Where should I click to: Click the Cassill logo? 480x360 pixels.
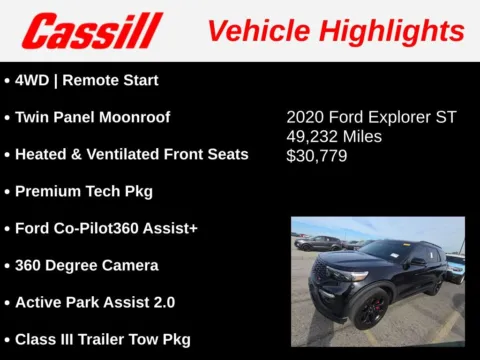coord(92,30)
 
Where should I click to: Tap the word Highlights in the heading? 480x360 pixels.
coord(393,31)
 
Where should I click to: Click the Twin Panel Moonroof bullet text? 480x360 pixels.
coord(92,117)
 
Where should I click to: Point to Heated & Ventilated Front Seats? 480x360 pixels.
coord(131,154)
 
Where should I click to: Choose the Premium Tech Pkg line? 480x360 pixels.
coord(84,191)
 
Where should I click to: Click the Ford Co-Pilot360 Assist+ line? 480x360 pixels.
coord(106,228)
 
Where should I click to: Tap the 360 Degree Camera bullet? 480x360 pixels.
coord(86,265)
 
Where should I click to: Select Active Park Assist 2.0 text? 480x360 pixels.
coord(95,302)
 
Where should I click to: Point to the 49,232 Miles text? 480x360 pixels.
coord(334,136)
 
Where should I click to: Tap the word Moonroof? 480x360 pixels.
coord(136,117)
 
